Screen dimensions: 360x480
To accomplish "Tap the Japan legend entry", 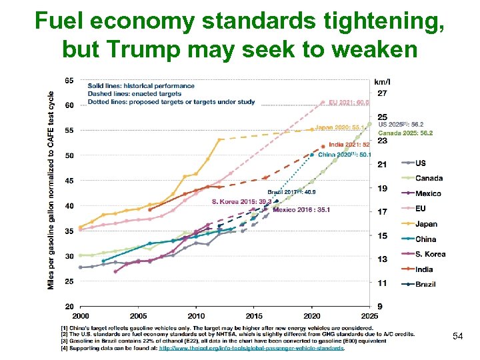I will coord(426,224).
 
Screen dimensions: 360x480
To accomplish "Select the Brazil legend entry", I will coord(425,284).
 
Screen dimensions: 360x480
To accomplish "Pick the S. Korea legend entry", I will coord(430,254).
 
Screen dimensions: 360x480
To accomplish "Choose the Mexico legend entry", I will coord(428,193).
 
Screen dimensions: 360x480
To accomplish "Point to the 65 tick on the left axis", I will coord(69,80).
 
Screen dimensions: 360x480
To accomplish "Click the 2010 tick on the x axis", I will coord(196,315).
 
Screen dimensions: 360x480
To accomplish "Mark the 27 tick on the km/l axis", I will coord(381,93).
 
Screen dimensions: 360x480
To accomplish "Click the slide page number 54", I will coord(457,336).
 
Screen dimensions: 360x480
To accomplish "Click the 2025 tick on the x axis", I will coord(369,315).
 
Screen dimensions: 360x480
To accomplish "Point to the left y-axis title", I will coord(52,190).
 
